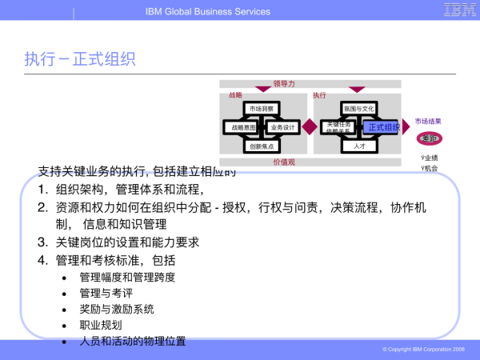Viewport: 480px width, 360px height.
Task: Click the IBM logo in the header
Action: click(457, 10)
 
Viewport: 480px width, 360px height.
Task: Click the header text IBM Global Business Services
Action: click(208, 11)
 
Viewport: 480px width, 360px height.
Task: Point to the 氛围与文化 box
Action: click(358, 108)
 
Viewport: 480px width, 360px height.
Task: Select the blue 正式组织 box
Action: click(383, 127)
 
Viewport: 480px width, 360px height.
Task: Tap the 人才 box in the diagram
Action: click(358, 146)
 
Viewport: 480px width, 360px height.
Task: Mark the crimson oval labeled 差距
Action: click(429, 138)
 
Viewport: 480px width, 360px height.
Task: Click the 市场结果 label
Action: click(428, 122)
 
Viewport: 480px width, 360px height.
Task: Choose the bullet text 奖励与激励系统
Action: click(117, 310)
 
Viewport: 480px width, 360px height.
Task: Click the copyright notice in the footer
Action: click(423, 350)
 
